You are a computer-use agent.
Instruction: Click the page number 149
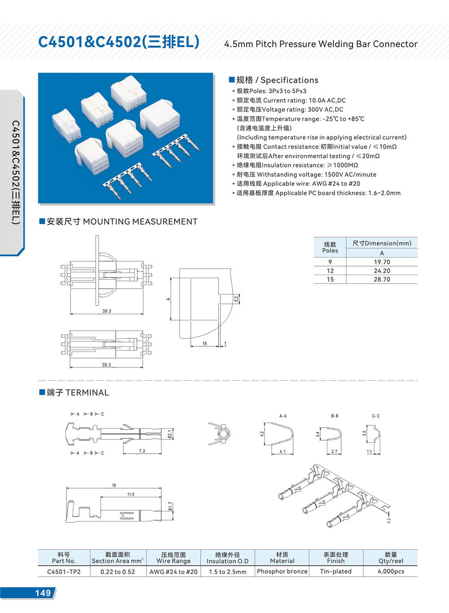coord(43,593)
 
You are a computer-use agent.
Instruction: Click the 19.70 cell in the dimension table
coord(382,262)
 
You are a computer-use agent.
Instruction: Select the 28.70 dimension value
coord(382,279)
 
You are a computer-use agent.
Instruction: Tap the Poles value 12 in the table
coord(330,271)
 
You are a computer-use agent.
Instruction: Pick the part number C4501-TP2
coord(64,571)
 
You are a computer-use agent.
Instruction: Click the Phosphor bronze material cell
coord(282,571)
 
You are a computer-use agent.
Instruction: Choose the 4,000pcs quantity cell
coord(391,571)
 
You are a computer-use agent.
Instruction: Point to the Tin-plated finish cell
coord(335,571)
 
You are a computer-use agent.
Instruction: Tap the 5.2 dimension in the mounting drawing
coord(236,298)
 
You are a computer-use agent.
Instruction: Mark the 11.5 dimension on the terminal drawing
coord(131,494)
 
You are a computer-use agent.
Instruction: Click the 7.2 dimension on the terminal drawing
coord(142,451)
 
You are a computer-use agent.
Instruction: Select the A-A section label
coord(283,416)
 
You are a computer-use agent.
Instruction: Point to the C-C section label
coord(375,416)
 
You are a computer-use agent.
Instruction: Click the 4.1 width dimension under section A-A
coord(282,451)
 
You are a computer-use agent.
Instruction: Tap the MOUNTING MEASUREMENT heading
coord(140,222)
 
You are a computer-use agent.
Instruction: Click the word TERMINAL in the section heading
coord(87,393)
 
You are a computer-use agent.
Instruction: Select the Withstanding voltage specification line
coord(307,175)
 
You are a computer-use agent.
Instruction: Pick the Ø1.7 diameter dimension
coord(171,507)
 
